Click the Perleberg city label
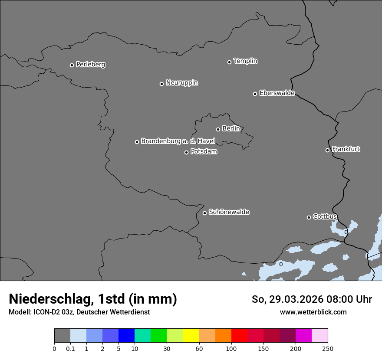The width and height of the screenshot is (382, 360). [x=91, y=65]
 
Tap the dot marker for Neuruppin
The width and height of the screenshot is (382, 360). [x=161, y=84]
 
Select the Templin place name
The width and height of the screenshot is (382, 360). [x=245, y=61]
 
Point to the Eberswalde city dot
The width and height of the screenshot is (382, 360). [x=255, y=94]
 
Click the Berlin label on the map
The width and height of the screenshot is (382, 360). [x=231, y=129]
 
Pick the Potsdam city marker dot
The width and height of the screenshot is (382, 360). [x=186, y=152]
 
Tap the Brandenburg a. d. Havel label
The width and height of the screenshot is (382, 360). [x=178, y=141]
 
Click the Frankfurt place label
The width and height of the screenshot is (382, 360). [x=346, y=149]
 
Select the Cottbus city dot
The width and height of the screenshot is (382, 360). [x=309, y=217]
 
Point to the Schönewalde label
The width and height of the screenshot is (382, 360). [x=229, y=212]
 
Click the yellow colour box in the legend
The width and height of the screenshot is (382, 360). [x=191, y=336]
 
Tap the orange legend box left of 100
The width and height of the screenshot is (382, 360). [x=223, y=336]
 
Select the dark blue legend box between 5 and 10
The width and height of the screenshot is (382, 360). [x=126, y=336]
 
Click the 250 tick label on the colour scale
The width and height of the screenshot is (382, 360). [x=328, y=349]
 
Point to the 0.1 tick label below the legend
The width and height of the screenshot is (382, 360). [x=70, y=349]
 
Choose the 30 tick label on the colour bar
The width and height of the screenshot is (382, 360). [x=167, y=349]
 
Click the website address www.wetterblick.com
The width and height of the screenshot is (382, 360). [x=313, y=312]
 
